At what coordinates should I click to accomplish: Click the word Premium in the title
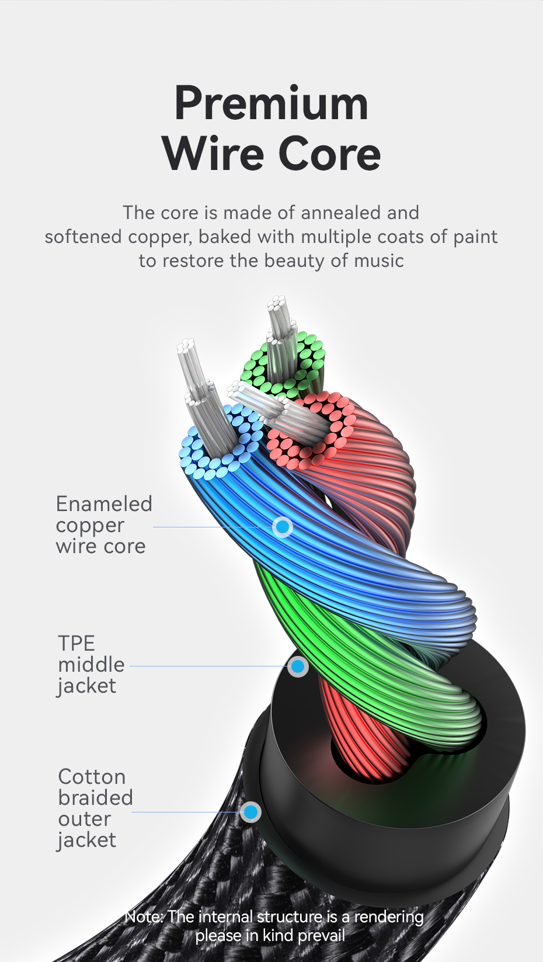click(271, 104)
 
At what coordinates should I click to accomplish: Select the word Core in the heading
click(329, 154)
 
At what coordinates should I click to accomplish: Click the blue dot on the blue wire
click(283, 527)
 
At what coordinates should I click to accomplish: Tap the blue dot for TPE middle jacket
click(298, 666)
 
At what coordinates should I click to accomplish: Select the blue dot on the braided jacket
click(251, 812)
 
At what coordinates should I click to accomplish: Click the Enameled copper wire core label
click(103, 525)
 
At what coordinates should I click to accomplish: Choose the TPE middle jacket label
click(90, 665)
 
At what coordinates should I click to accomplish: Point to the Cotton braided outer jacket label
click(95, 808)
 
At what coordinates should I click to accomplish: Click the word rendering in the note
click(389, 916)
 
